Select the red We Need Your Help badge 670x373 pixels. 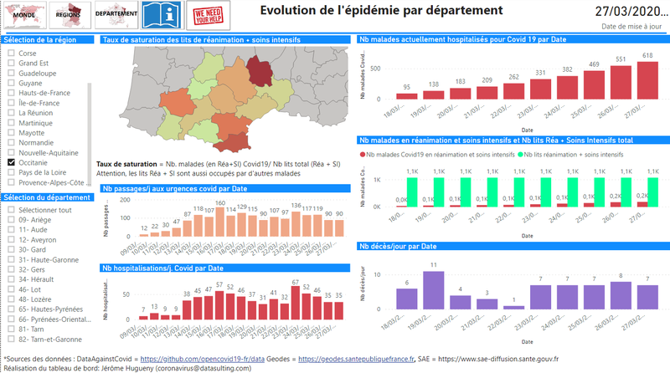209,14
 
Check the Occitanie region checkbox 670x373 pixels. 11,139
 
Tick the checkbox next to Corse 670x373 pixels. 11,53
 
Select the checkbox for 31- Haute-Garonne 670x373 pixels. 11,260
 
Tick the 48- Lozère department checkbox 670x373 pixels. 11,299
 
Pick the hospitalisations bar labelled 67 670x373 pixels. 296,302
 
